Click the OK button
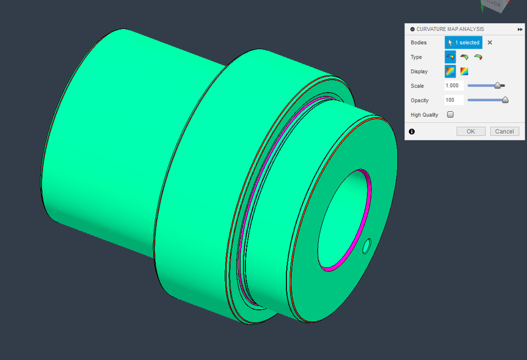click(471, 131)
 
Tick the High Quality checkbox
click(451, 114)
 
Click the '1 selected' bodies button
click(464, 43)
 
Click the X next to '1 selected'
click(490, 43)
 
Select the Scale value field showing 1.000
click(454, 85)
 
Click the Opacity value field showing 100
click(454, 100)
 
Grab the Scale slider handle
click(498, 85)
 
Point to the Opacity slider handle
click(505, 100)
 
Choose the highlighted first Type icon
click(451, 57)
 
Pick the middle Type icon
click(464, 57)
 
